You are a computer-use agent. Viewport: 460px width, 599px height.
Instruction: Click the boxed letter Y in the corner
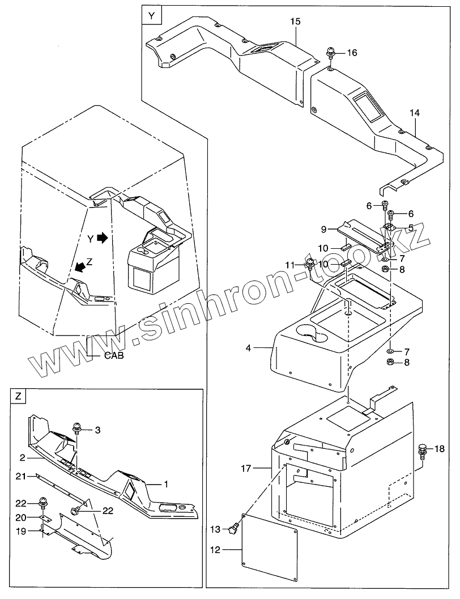tap(151, 16)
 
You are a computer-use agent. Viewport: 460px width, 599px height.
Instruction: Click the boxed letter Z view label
tap(19, 397)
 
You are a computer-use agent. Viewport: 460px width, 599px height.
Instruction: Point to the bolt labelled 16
tap(331, 54)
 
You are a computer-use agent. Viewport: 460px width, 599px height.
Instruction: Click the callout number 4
tap(248, 347)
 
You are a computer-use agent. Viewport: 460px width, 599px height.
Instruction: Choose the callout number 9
tap(323, 229)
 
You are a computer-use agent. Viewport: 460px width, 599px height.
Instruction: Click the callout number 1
tap(166, 484)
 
